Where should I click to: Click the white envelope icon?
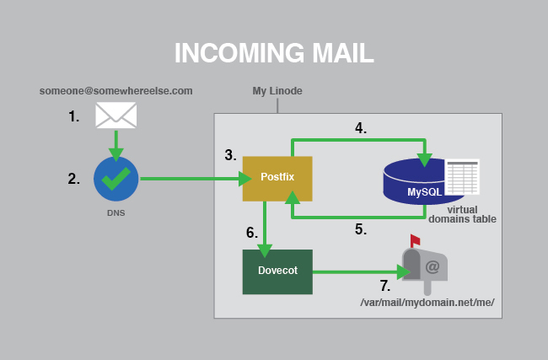coord(116,115)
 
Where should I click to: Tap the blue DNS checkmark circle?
coord(116,178)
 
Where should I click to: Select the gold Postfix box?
coord(277,179)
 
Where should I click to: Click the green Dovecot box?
coord(277,271)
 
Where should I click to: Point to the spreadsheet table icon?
coord(462,177)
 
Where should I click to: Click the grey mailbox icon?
coord(426,266)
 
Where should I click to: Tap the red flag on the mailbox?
coord(414,240)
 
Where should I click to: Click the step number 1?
coord(74,117)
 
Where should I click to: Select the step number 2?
coord(74,179)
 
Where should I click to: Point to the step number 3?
coord(230,155)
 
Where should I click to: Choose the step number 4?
coord(360,129)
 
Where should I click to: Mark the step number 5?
coord(360,228)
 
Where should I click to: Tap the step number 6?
coord(250,232)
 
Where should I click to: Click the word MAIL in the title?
coord(329,52)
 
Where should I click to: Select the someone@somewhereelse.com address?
coord(116,90)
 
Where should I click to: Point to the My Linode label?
coord(277,90)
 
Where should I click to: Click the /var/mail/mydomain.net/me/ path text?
coord(427,303)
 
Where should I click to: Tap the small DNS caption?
coord(116,212)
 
